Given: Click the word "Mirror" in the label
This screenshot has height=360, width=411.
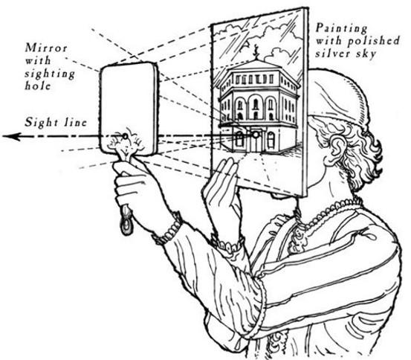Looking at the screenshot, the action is [x=46, y=48].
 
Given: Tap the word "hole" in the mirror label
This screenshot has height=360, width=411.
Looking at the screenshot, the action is [x=38, y=86].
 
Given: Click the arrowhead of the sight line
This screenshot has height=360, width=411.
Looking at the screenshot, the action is [x=12, y=136].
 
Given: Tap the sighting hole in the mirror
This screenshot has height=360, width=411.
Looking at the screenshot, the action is [x=126, y=136].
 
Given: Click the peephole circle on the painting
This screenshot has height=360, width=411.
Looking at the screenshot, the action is [x=256, y=135].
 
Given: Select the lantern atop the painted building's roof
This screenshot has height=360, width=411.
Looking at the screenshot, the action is [x=256, y=52].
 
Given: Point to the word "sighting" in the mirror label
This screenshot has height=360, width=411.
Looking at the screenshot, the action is [x=50, y=74].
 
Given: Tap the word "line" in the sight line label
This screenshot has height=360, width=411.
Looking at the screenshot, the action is [x=76, y=123].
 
